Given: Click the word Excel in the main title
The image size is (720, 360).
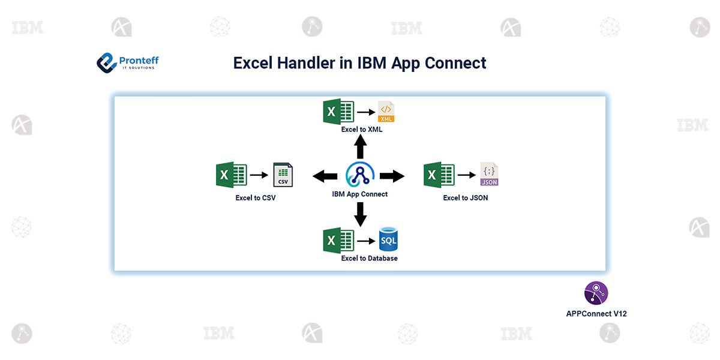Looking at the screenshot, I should pyautogui.click(x=253, y=63).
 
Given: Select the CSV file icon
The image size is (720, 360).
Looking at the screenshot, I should pyautogui.click(x=283, y=175).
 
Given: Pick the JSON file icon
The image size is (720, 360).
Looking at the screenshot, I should pyautogui.click(x=489, y=174).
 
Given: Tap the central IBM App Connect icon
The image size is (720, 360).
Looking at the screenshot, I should pyautogui.click(x=360, y=175).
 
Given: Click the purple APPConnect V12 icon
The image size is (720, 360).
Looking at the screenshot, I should pyautogui.click(x=596, y=293).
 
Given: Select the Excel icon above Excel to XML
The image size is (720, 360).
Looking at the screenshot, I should pyautogui.click(x=338, y=112).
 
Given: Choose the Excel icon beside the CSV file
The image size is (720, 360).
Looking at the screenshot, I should pyautogui.click(x=232, y=175).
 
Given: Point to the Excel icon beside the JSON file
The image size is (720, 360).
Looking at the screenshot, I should pyautogui.click(x=439, y=175).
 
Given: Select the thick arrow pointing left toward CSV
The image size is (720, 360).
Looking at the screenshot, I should pyautogui.click(x=325, y=176).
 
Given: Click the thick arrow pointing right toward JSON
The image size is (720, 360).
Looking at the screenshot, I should pyautogui.click(x=392, y=176).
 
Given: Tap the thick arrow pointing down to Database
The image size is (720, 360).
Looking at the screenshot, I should pyautogui.click(x=360, y=214).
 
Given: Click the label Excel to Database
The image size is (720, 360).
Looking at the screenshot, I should pyautogui.click(x=369, y=259).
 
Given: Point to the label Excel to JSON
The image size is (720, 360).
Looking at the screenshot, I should pyautogui.click(x=465, y=198).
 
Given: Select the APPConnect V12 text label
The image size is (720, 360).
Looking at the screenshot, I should pyautogui.click(x=596, y=314).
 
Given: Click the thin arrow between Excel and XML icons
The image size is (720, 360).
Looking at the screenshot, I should pyautogui.click(x=364, y=112).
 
